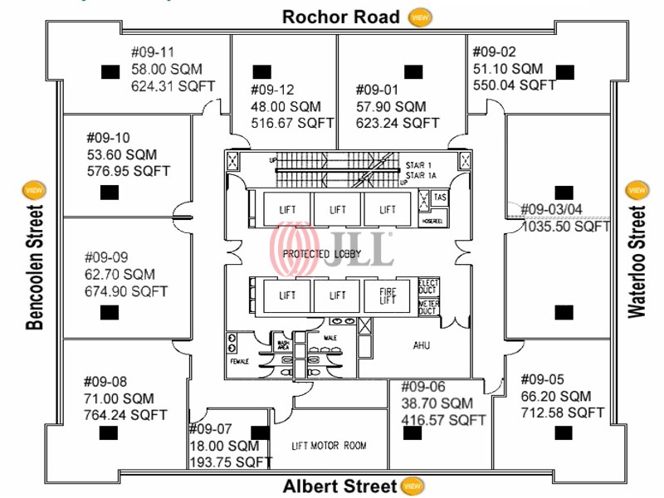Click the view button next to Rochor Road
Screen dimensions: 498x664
click(x=421, y=17)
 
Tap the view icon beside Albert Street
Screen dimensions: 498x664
click(x=410, y=486)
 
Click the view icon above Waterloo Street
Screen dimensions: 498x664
click(x=636, y=190)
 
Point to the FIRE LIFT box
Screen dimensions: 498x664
click(x=388, y=295)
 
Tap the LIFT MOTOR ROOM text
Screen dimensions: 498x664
click(x=330, y=446)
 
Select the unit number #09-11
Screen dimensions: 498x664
click(x=153, y=52)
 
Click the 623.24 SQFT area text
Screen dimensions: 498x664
click(x=397, y=122)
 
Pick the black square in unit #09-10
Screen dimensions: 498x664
click(x=107, y=193)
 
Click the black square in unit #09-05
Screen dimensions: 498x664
click(x=564, y=432)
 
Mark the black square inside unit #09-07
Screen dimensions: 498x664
click(x=261, y=432)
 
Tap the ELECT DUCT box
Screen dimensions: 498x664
click(x=427, y=287)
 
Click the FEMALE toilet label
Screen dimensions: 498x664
click(x=239, y=361)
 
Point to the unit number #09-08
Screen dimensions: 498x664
click(x=105, y=382)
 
